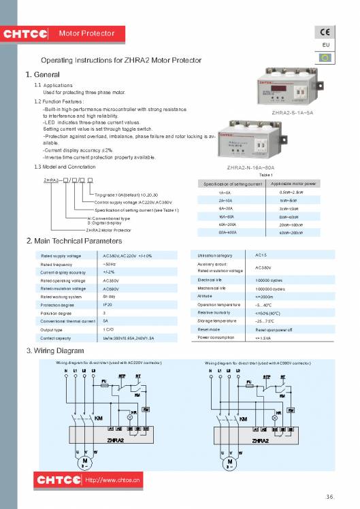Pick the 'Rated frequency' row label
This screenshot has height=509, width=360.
[56, 263]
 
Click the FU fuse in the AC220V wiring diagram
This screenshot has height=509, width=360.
[104, 381]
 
